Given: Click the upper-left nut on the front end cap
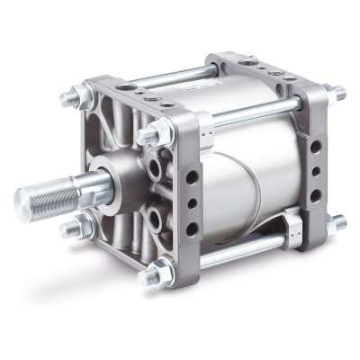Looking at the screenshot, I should pos(71,95).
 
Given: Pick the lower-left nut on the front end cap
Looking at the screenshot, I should pos(69,228).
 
